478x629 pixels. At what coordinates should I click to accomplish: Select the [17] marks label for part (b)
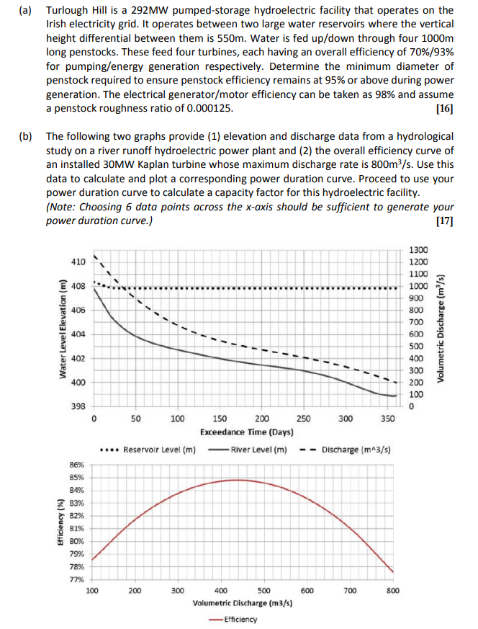pos(445,221)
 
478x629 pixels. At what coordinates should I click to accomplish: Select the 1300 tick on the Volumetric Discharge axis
pos(418,250)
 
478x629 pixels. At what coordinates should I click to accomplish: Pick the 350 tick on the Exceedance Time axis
pos(387,419)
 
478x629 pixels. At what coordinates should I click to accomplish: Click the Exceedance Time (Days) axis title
pos(246,432)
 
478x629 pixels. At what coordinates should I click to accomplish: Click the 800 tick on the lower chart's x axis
pos(392,591)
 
